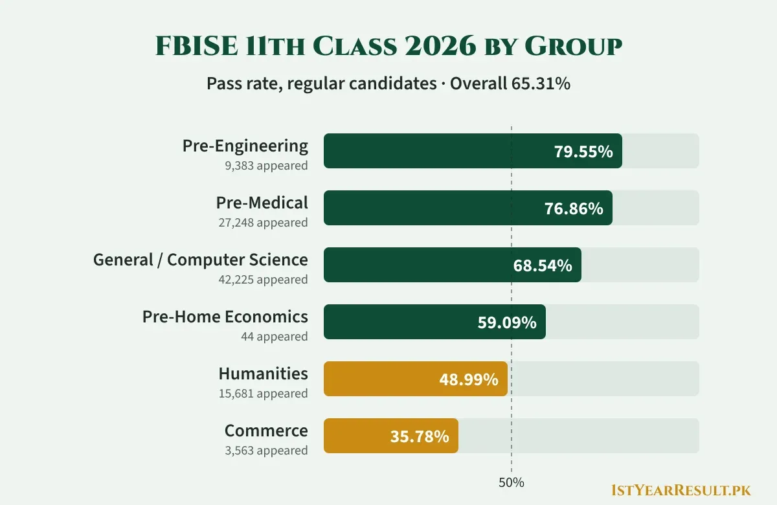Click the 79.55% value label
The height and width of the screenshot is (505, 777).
tap(583, 151)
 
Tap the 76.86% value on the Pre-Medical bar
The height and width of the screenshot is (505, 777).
tap(574, 208)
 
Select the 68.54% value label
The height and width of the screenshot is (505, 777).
tap(543, 265)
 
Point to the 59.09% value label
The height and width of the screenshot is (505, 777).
tap(507, 322)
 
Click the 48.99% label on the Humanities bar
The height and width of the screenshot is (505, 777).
tap(469, 379)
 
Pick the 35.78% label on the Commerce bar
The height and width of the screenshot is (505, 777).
tap(420, 436)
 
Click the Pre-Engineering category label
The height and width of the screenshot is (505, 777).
tap(245, 146)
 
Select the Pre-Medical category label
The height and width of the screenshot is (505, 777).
tap(262, 203)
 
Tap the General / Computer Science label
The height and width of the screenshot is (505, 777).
tap(201, 260)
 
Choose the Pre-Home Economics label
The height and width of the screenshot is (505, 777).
tap(225, 317)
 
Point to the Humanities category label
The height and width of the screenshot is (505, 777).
tap(264, 374)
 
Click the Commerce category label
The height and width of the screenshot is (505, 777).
tap(266, 431)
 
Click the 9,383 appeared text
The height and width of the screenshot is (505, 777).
tap(266, 166)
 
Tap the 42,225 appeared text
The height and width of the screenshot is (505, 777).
tap(263, 279)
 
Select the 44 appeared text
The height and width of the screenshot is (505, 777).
tap(275, 336)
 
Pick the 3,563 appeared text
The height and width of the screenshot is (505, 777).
tap(266, 450)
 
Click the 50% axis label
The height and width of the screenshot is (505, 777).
tap(512, 482)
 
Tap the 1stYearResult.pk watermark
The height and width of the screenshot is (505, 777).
tap(681, 491)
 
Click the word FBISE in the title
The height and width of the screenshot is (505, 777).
tap(197, 46)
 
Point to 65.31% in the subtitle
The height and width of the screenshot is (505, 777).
tap(541, 84)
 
